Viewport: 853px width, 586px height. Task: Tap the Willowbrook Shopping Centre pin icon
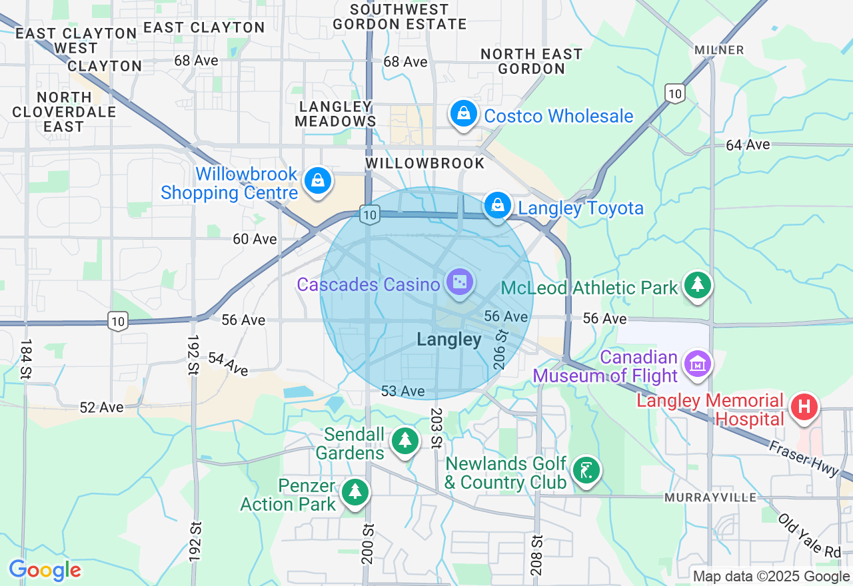click(x=318, y=181)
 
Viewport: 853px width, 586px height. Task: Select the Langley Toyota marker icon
click(x=497, y=206)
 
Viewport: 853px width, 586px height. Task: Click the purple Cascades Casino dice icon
click(x=458, y=284)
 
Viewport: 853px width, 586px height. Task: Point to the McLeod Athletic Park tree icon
click(x=697, y=286)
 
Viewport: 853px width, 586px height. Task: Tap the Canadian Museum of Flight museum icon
click(x=698, y=364)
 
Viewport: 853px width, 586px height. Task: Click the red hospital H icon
click(x=804, y=407)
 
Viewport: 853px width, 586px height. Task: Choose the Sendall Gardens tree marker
click(x=404, y=441)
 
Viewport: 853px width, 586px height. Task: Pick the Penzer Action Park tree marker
click(x=355, y=492)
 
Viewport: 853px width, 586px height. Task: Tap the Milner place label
click(x=718, y=50)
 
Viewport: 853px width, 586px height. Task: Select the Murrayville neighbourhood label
click(x=710, y=497)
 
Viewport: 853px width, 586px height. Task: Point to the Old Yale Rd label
click(x=809, y=536)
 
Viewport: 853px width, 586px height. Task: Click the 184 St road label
click(x=26, y=360)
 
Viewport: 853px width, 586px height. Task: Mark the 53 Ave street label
click(x=403, y=391)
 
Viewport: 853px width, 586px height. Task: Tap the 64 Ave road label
click(x=748, y=145)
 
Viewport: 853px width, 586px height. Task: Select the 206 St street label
click(x=500, y=348)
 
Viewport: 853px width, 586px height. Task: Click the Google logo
click(x=45, y=571)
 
